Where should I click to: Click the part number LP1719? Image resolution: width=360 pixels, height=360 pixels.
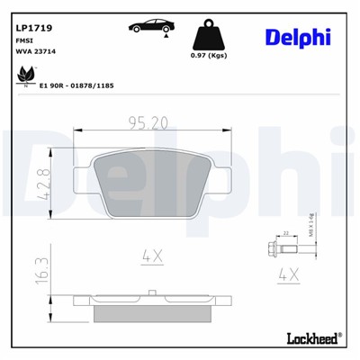pyautogui.click(x=34, y=28)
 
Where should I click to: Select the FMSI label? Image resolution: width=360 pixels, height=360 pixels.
pyautogui.click(x=25, y=41)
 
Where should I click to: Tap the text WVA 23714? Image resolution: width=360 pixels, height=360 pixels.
pyautogui.click(x=36, y=53)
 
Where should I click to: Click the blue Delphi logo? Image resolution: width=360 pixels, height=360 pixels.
pyautogui.click(x=298, y=36)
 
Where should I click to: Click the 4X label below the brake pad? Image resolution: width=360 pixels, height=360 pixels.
pyautogui.click(x=151, y=256)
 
